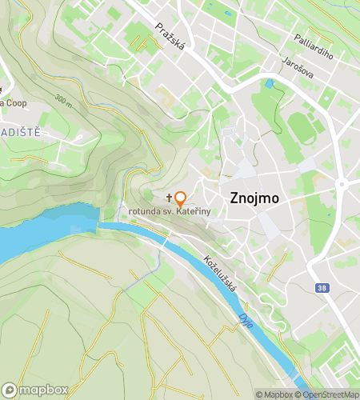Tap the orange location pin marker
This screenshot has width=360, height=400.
click(x=181, y=199)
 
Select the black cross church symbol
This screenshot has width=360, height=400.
click(x=169, y=196)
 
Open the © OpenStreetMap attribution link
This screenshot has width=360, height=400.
click(x=327, y=394)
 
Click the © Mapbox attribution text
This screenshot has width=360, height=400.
click(x=274, y=394)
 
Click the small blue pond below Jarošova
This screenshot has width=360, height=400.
click(x=270, y=82)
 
